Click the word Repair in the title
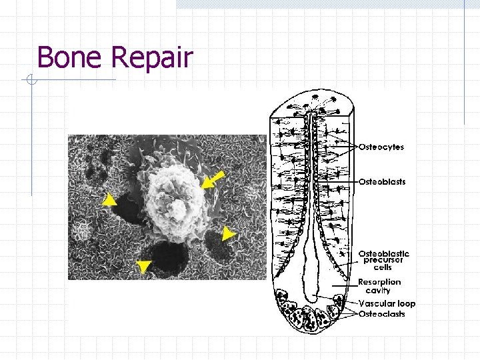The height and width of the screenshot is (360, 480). [x=152, y=59]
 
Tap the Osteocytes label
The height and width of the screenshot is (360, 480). [x=381, y=147]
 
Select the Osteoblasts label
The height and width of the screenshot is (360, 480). [x=382, y=181]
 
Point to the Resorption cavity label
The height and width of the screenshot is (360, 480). [x=379, y=286]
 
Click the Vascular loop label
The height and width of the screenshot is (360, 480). [x=387, y=303]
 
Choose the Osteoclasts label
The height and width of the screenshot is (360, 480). [x=381, y=314]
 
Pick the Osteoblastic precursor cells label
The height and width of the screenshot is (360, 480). [x=383, y=260]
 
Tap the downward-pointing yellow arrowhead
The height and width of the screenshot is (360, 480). [x=143, y=267]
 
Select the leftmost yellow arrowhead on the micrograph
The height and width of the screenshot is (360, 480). [x=109, y=199]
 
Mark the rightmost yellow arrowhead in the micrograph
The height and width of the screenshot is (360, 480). [x=229, y=233]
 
